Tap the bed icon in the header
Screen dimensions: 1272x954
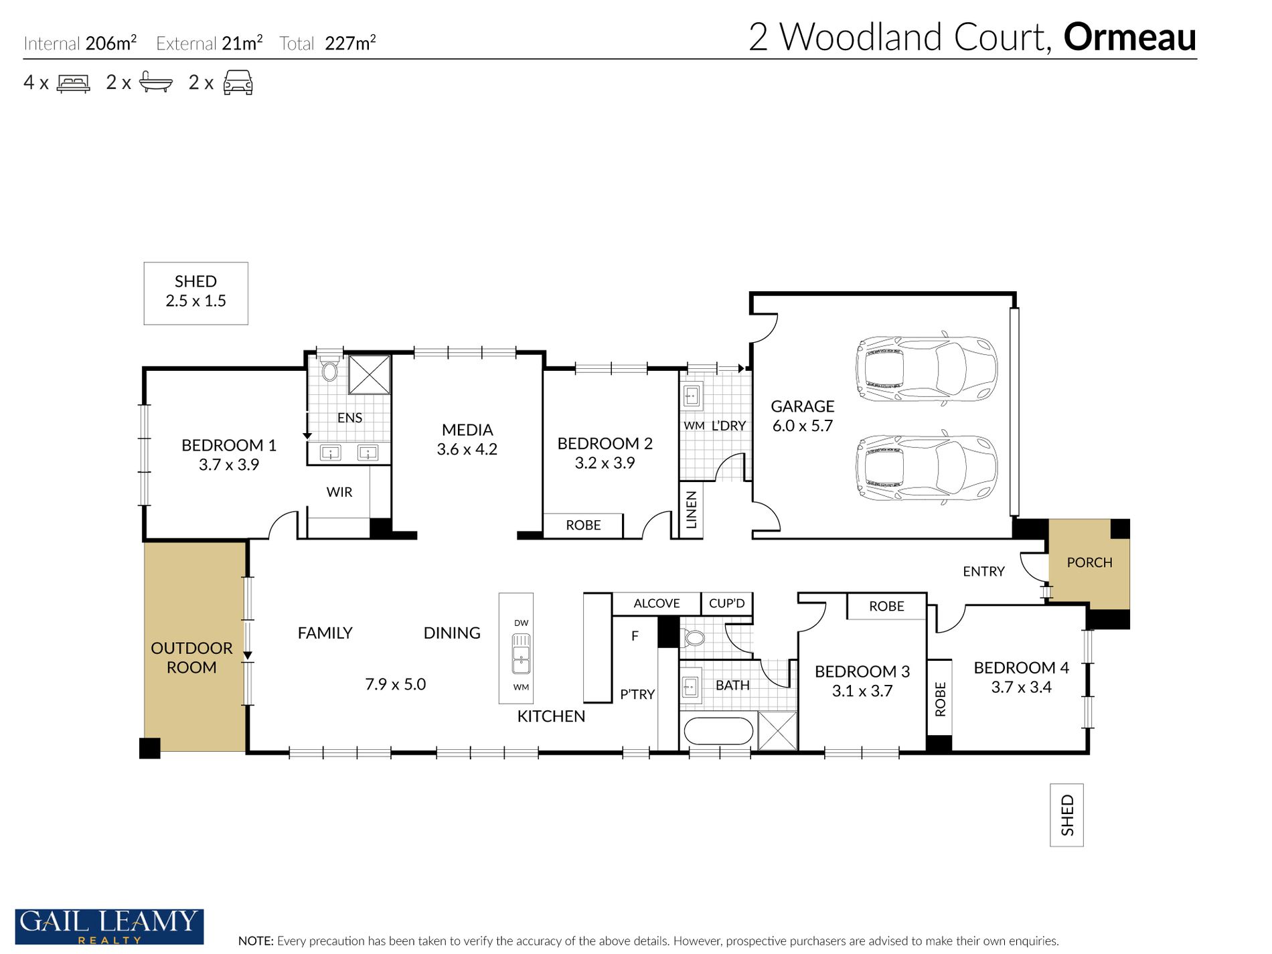(73, 83)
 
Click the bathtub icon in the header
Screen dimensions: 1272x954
(155, 82)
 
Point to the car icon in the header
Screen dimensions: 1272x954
(238, 82)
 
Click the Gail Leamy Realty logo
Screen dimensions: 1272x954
(109, 927)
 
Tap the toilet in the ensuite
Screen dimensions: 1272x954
(329, 369)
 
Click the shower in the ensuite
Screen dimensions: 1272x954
(369, 375)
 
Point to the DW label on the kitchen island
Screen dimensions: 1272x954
(521, 623)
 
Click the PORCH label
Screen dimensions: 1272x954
(1089, 563)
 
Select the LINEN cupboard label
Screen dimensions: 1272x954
(692, 509)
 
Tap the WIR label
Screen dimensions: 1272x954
(339, 492)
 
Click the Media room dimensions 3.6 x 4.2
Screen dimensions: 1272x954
(467, 449)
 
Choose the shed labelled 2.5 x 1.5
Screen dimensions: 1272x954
(195, 293)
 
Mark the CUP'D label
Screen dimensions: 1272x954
(726, 603)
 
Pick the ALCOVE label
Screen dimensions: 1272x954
(656, 603)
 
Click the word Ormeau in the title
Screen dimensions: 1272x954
(1129, 37)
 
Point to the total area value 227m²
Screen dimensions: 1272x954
(350, 43)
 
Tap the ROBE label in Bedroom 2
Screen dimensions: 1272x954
(583, 526)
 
